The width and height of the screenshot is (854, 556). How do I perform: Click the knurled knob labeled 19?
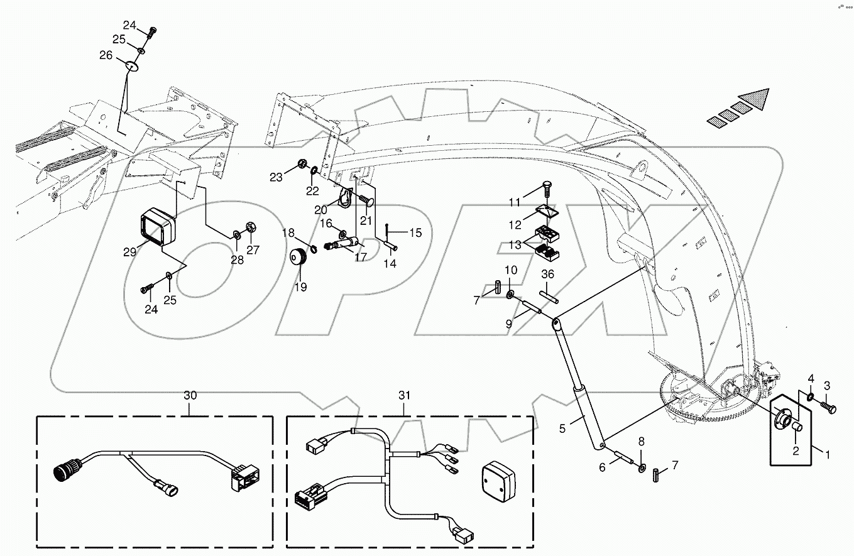point(300,258)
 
